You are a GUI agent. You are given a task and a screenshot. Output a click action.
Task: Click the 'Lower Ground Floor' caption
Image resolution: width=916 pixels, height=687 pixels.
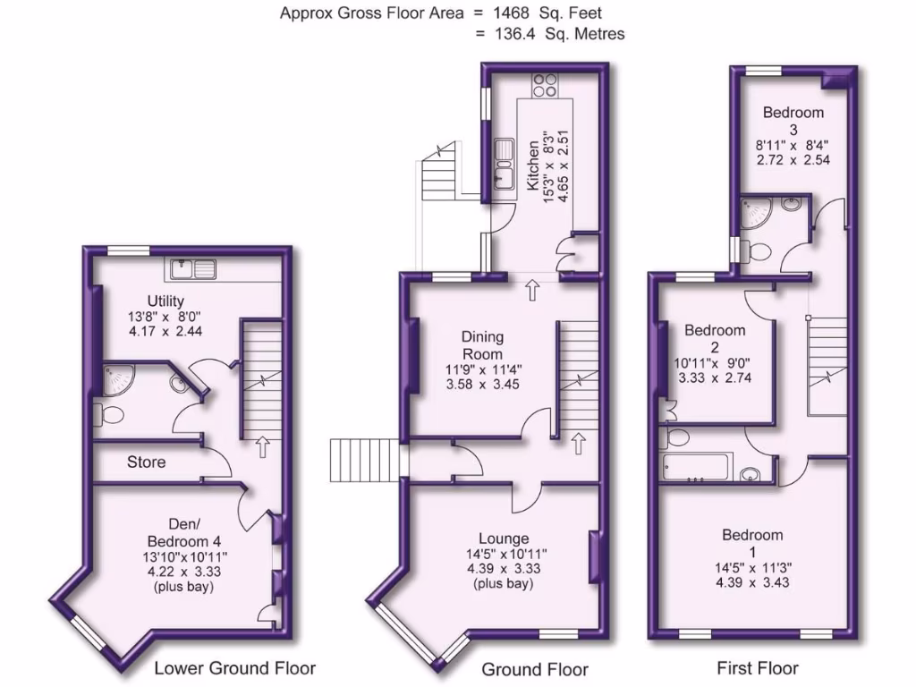pos(234,667)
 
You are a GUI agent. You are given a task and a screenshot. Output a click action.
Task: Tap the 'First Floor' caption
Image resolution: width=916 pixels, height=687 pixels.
pos(757,667)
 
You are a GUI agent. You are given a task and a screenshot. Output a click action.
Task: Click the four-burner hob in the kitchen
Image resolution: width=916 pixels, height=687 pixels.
pos(545,85)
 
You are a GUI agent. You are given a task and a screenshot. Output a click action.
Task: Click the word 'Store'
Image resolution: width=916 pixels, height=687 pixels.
pos(146,462)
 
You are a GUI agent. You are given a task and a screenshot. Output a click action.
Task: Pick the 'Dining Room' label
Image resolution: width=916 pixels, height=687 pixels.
pos(482,345)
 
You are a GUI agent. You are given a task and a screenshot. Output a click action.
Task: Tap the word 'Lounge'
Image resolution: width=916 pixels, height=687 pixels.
pos(503,539)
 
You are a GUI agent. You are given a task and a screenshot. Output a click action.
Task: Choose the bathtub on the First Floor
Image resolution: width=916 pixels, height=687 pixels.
pos(697,467)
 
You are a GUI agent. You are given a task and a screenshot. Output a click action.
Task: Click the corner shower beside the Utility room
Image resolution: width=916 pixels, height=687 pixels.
pos(115,379)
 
